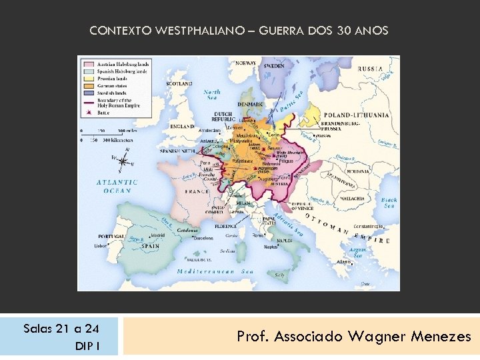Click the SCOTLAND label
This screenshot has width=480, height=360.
coord(179,84)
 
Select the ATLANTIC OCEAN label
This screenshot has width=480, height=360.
coord(117,186)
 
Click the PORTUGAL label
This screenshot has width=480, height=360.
coord(111,236)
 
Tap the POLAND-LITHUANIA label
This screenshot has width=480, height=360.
coord(356,115)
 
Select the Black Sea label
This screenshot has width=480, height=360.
coord(389,203)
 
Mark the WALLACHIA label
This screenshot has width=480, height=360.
coord(350,199)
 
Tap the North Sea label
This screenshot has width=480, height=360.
coord(212,95)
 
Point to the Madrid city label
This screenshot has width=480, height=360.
coord(158,235)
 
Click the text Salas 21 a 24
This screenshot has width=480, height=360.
coord(61,329)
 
